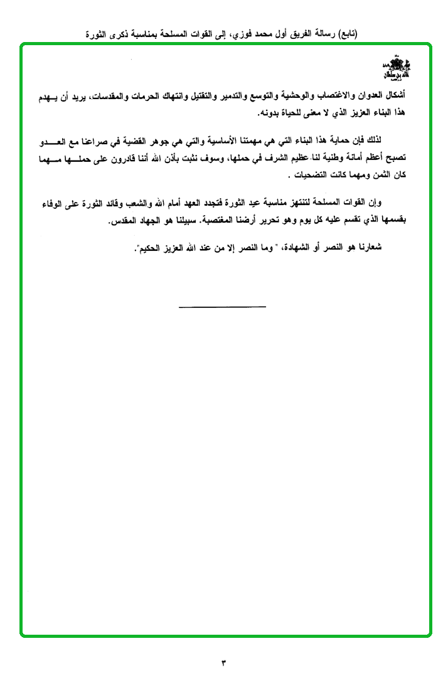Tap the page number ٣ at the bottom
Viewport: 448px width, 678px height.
223,662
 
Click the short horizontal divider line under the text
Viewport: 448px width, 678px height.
222,307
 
